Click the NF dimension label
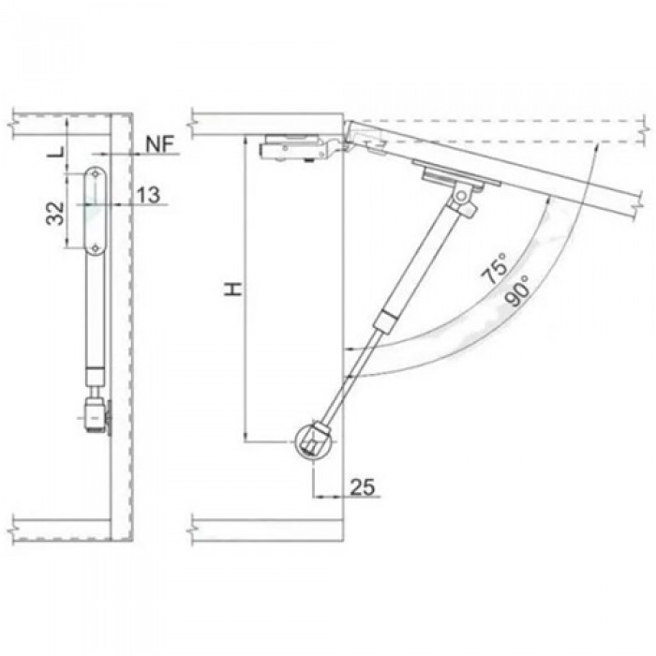160,144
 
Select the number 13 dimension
148,195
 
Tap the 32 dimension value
55,213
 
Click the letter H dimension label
233,289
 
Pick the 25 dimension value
363,486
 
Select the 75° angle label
495,269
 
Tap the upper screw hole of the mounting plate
96,173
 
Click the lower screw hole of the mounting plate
96,248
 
